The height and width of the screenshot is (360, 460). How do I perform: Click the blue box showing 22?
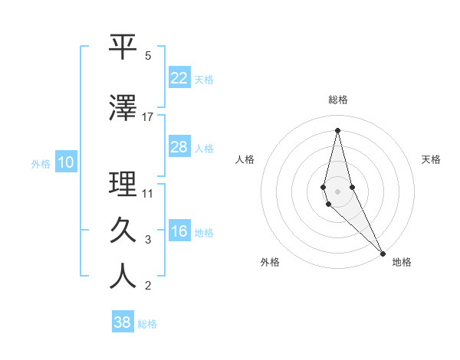(x=179, y=78)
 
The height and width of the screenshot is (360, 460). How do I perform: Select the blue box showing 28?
(x=179, y=147)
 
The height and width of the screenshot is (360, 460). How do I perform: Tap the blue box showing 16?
(x=179, y=231)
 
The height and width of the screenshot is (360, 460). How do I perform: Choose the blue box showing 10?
(x=65, y=162)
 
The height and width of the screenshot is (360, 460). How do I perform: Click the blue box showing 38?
(x=123, y=322)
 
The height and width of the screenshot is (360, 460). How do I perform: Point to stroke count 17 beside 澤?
(x=148, y=116)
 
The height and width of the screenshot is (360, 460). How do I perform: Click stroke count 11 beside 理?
(x=148, y=193)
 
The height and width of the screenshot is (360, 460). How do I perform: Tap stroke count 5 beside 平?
(x=148, y=56)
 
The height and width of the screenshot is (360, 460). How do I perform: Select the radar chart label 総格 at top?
(x=338, y=100)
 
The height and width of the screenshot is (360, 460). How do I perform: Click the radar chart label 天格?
(x=431, y=159)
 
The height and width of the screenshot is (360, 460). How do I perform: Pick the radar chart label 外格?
(x=270, y=262)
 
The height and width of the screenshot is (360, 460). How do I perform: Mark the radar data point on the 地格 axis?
(x=383, y=252)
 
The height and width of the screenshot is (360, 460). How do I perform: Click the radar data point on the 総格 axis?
(x=337, y=130)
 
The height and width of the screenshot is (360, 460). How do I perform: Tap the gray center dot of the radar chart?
(x=337, y=191)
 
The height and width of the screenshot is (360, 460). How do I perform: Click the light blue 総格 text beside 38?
(x=147, y=324)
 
